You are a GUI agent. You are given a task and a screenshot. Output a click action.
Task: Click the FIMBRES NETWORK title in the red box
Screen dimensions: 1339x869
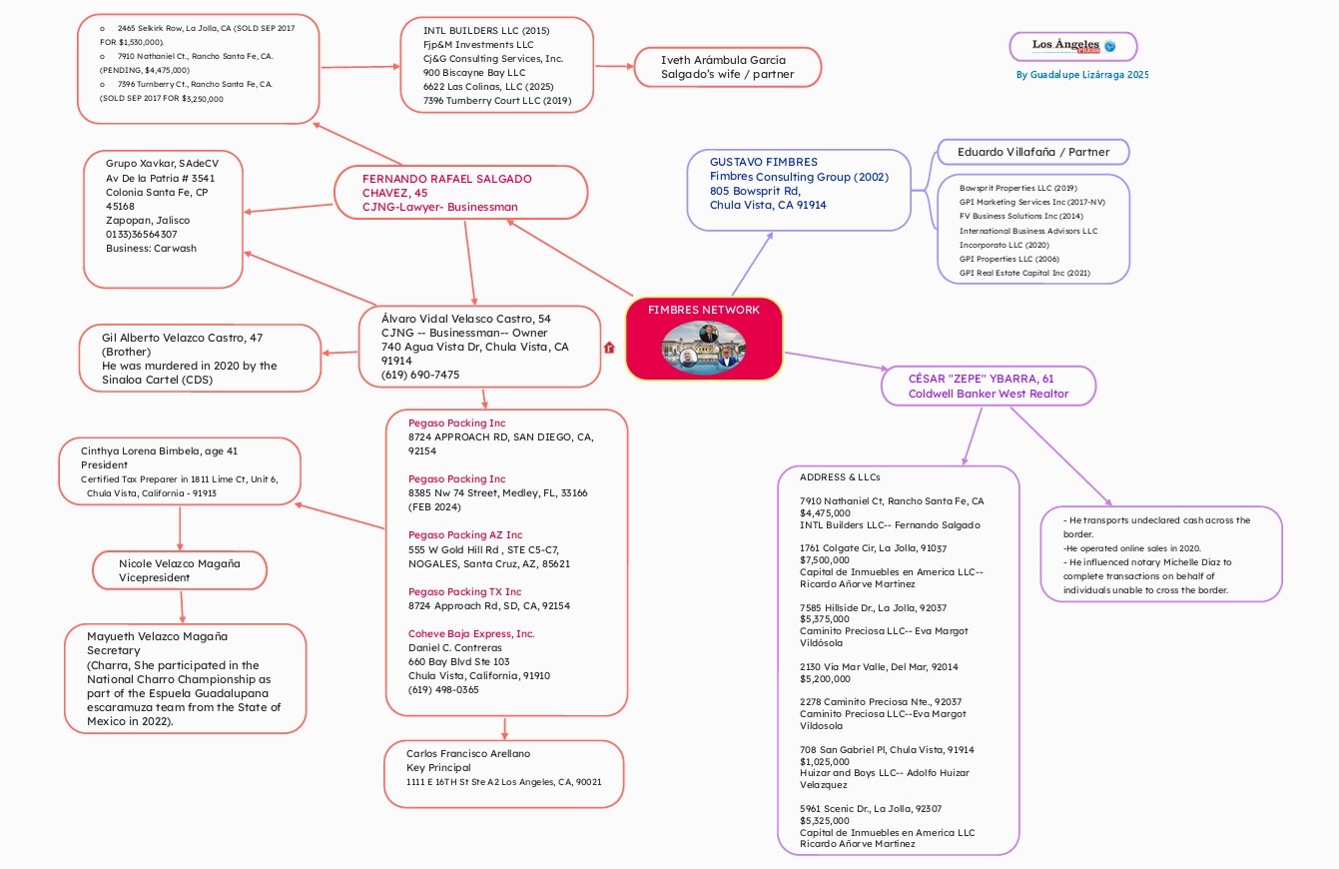pyautogui.click(x=704, y=310)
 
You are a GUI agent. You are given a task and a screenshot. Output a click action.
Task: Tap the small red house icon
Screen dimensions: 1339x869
pyautogui.click(x=609, y=348)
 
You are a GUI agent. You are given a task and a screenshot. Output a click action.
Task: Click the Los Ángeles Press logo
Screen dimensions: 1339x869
pyautogui.click(x=1073, y=46)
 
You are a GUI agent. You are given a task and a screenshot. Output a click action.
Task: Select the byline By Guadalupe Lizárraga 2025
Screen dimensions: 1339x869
pyautogui.click(x=1082, y=75)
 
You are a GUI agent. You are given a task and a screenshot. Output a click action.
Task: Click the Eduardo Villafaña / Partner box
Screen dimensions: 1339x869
pyautogui.click(x=1032, y=152)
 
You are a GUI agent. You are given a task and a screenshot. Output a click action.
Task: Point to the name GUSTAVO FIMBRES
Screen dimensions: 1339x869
pyautogui.click(x=763, y=162)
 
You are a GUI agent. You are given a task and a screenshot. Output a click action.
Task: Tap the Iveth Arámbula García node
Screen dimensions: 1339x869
pyautogui.click(x=727, y=67)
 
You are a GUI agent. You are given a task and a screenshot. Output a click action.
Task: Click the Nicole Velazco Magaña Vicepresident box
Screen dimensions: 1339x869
pyautogui.click(x=180, y=570)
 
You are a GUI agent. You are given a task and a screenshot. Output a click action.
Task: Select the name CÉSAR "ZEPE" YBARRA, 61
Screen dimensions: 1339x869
pyautogui.click(x=981, y=379)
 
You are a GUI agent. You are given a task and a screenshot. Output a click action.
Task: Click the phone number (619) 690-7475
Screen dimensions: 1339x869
pyautogui.click(x=420, y=375)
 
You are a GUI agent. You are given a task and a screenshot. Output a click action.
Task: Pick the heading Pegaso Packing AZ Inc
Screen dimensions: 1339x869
pyautogui.click(x=465, y=534)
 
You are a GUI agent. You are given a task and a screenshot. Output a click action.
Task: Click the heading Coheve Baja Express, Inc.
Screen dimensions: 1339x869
pyautogui.click(x=471, y=634)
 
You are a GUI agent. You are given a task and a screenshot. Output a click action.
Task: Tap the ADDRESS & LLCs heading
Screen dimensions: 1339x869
pyautogui.click(x=840, y=477)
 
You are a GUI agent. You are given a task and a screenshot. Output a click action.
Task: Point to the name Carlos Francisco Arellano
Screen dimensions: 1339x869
pyautogui.click(x=468, y=753)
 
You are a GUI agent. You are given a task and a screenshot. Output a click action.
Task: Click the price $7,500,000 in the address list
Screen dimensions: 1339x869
pyautogui.click(x=825, y=560)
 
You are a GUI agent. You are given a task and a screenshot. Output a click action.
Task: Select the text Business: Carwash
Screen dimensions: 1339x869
pyautogui.click(x=151, y=248)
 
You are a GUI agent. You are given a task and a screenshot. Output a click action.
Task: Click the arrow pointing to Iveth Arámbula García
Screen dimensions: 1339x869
pyautogui.click(x=614, y=66)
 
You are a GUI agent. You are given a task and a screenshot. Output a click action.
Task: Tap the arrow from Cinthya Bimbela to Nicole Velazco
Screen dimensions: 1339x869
pyautogui.click(x=180, y=528)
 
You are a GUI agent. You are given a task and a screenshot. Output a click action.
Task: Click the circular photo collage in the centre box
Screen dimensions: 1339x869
pyautogui.click(x=704, y=347)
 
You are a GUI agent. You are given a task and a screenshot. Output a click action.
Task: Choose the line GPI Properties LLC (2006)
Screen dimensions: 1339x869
pyautogui.click(x=1009, y=259)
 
